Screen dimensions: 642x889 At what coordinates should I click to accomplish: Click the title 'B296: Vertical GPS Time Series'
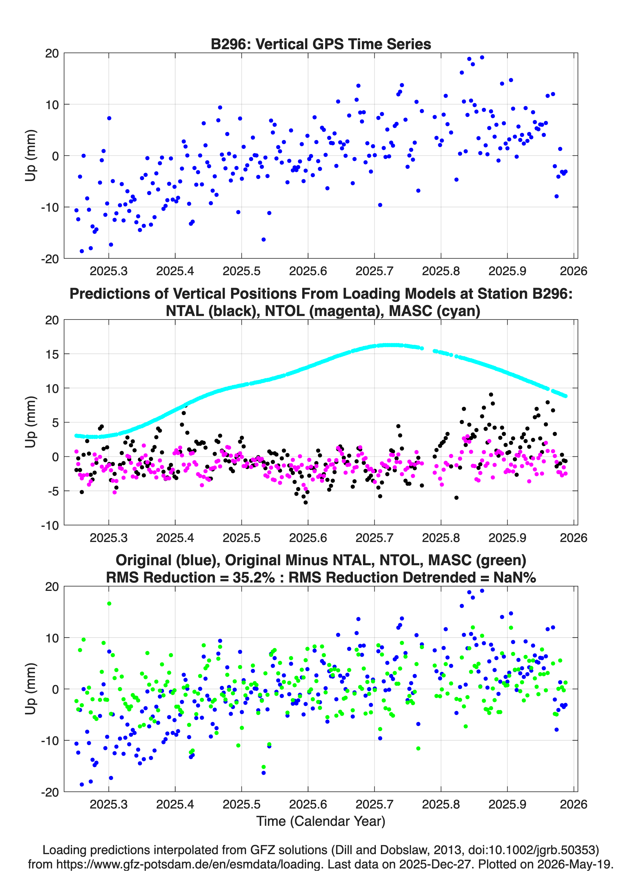[x=321, y=44]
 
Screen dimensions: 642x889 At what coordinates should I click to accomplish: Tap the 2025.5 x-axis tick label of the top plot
[x=241, y=271]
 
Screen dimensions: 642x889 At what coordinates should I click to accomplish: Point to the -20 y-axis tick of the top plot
[x=50, y=259]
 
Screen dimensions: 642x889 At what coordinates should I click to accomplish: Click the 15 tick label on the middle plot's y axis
[x=52, y=354]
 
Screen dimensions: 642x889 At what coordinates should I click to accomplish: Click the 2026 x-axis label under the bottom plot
[x=573, y=804]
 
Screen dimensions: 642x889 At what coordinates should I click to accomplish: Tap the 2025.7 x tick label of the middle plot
[x=374, y=538]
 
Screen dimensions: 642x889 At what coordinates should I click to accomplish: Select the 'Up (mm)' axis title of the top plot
[x=31, y=156]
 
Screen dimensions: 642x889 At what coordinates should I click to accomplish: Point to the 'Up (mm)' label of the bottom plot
[x=31, y=689]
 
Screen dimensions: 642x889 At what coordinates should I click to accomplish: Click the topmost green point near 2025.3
[x=109, y=604]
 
